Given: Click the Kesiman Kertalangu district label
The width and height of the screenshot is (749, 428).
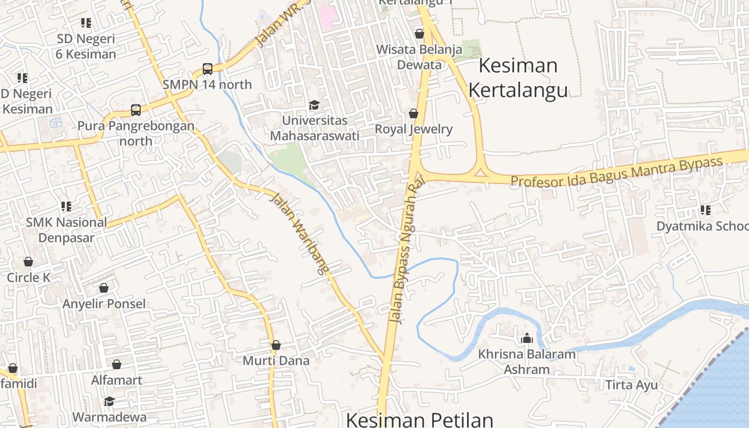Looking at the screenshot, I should coord(518,78).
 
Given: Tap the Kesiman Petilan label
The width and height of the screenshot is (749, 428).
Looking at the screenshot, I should coord(419,419).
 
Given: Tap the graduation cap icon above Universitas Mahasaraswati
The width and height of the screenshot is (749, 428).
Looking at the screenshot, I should coord(314,105).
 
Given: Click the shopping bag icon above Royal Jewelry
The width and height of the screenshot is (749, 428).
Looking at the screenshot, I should coord(413,113).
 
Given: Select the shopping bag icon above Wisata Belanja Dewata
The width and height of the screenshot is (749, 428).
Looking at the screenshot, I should coord(419,34).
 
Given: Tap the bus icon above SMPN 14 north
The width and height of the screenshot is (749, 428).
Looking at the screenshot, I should coord(208,68).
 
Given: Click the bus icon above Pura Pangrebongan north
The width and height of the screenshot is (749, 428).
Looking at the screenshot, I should coord(136,110).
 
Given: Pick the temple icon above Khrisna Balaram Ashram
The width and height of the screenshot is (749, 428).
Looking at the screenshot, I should coord(527,338).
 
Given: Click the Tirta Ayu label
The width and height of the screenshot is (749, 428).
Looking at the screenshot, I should coord(631,385).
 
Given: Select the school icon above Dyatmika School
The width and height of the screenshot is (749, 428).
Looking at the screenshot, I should coord(705,210).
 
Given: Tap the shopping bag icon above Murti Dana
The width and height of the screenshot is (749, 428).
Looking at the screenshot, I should coord(276,345).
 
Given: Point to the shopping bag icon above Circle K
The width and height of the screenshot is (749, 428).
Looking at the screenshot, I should coord(28,262).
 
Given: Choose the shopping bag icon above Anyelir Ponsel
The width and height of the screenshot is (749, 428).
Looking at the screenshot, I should coord(104,288).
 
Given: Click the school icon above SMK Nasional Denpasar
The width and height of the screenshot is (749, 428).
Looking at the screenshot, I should coord(66,207).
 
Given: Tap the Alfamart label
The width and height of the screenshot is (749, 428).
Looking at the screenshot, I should coord(117,380).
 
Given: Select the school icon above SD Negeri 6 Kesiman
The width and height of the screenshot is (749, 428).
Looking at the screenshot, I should coord(86,23).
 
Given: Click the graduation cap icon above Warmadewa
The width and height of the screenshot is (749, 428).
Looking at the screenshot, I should coord(109,401).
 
